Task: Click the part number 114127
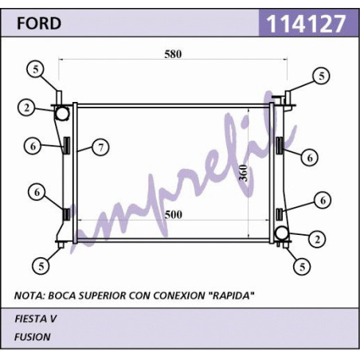(x=306, y=23)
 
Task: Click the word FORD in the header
(x=39, y=23)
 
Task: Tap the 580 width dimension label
(x=173, y=54)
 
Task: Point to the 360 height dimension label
(x=243, y=173)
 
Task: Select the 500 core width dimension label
(x=174, y=214)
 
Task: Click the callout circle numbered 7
(x=100, y=147)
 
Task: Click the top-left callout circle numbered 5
(x=36, y=69)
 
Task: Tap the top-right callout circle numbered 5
(x=322, y=76)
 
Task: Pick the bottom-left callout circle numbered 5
(x=41, y=266)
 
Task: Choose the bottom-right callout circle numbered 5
(x=303, y=267)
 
